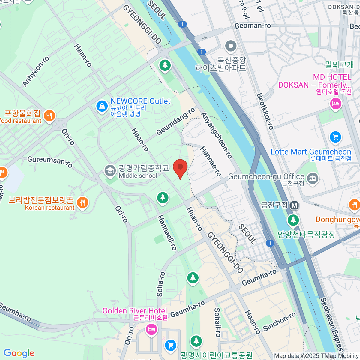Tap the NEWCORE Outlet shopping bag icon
click(102, 106)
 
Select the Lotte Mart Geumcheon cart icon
click(335, 137)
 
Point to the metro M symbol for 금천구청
click(295, 205)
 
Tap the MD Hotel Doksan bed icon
click(335, 104)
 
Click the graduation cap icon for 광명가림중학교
click(110, 171)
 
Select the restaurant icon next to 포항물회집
click(49, 115)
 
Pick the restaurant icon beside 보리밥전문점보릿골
click(82, 202)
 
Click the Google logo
click(19, 353)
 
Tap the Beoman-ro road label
click(253, 26)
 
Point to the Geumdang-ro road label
click(175, 122)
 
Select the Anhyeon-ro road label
click(36, 71)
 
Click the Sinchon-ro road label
click(279, 322)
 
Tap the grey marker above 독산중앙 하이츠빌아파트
click(231, 46)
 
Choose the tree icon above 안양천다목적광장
click(293, 220)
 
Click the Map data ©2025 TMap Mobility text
click(316, 356)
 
